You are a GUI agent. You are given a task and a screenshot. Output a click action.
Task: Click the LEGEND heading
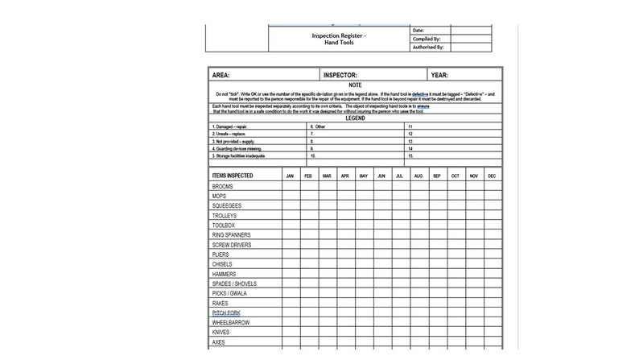coord(354,118)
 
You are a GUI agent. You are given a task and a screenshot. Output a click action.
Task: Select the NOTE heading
coord(354,85)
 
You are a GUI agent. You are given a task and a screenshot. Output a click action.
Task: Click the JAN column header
coord(290,175)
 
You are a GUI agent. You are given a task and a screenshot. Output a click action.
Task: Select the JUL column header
coord(400,175)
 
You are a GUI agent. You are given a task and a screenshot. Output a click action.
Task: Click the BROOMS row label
coord(223,186)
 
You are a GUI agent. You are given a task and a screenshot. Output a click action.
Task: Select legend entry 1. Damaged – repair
coord(231,126)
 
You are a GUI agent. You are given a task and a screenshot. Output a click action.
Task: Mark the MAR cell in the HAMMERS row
coord(327,273)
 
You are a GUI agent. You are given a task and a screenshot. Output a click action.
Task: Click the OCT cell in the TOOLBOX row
coord(456,226)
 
